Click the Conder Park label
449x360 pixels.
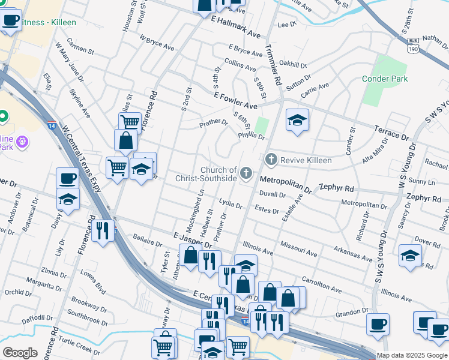[385, 79]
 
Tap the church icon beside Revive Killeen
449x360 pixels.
[270, 160]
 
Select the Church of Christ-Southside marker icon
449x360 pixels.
[246, 174]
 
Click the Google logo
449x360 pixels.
[20, 353]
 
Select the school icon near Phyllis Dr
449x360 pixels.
[297, 121]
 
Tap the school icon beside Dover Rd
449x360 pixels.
[410, 256]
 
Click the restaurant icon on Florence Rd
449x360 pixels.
[103, 230]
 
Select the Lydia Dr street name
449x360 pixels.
[230, 205]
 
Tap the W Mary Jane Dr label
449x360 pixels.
[69, 58]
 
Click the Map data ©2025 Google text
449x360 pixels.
[412, 355]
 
